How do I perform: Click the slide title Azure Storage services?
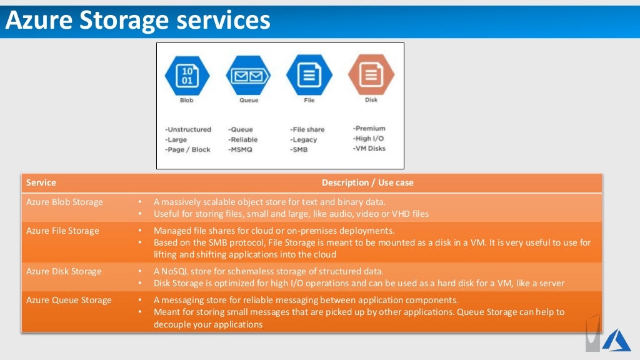(x=138, y=21)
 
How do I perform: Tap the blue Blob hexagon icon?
(x=186, y=76)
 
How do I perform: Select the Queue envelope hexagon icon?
(x=247, y=76)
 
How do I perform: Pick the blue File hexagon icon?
(x=309, y=76)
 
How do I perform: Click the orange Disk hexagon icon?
(x=371, y=74)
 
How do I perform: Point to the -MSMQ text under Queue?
(x=240, y=149)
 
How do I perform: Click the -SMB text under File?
(x=299, y=149)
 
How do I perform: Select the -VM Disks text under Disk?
(x=369, y=148)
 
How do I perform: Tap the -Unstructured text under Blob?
(x=188, y=129)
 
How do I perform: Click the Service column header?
(x=41, y=182)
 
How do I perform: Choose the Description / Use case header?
(x=367, y=182)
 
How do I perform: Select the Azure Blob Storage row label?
(x=64, y=202)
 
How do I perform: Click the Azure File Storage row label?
(x=62, y=231)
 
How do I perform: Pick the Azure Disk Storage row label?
(x=64, y=271)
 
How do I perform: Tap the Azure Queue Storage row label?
(x=69, y=300)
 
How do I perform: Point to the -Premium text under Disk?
(x=369, y=128)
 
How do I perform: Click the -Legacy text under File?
(x=303, y=139)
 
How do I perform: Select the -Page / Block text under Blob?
(x=187, y=149)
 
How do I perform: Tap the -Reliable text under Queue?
(x=242, y=139)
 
